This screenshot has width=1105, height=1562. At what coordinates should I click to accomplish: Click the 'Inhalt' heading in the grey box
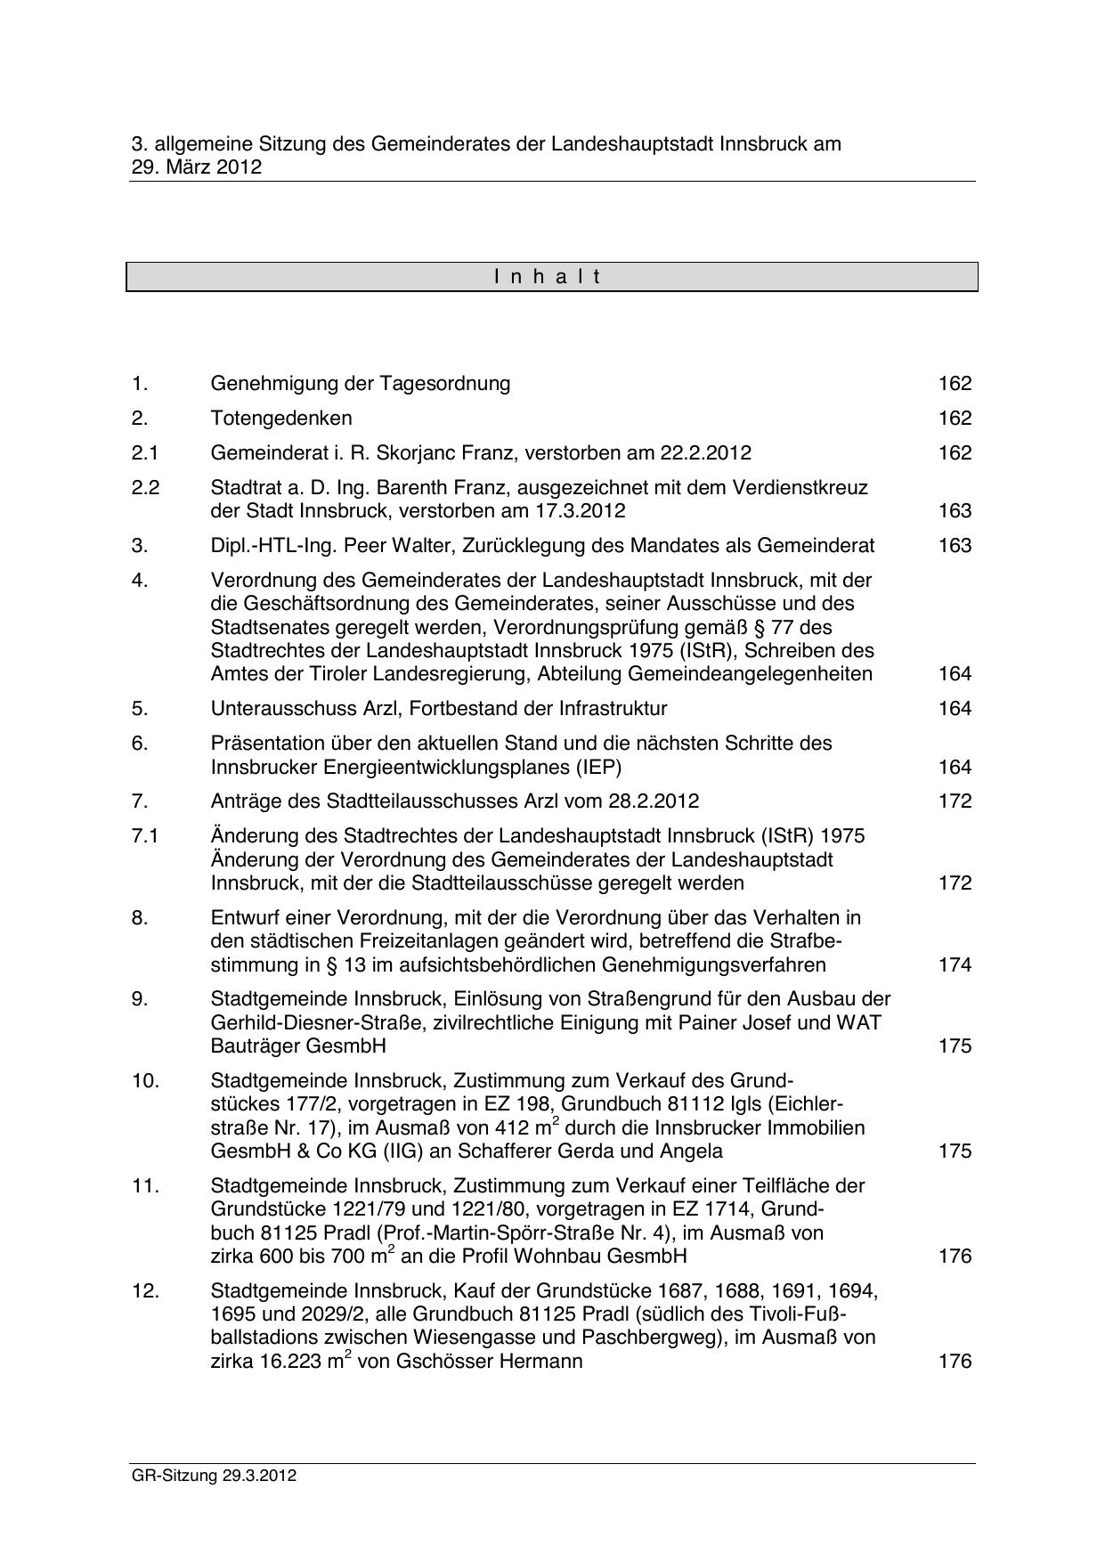click(548, 277)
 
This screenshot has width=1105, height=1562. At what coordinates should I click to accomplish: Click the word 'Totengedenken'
click(281, 419)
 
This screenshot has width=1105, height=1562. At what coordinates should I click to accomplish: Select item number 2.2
click(144, 488)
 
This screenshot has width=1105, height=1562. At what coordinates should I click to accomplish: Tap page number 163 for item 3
click(955, 546)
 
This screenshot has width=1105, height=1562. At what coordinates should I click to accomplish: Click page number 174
click(955, 965)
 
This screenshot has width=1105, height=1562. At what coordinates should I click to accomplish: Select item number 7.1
click(144, 836)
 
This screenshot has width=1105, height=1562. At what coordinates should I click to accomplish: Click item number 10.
click(145, 1081)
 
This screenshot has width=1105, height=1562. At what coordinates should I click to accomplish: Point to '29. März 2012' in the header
click(196, 167)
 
